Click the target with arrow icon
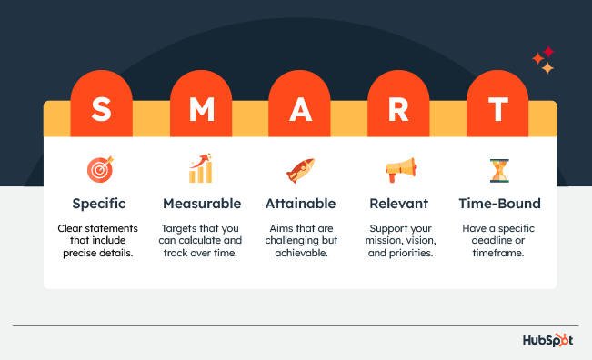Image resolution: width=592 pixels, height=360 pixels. [100, 169]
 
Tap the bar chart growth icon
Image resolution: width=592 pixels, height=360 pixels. [201, 168]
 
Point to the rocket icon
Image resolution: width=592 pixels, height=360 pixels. [300, 169]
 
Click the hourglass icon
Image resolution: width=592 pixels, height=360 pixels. [498, 170]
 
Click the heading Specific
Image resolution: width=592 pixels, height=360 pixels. [100, 203]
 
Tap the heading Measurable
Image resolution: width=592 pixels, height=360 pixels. [202, 203]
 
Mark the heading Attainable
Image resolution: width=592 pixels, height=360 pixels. [300, 203]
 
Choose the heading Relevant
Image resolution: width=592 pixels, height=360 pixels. [399, 203]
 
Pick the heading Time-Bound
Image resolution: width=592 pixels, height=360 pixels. [498, 203]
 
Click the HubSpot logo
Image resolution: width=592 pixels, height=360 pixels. [550, 341]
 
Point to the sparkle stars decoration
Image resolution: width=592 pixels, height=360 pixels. [544, 60]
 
